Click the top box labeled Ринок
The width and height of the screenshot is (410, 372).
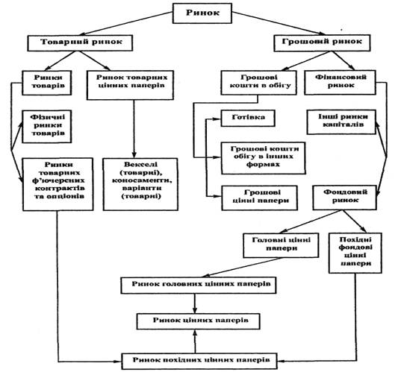pyautogui.click(x=202, y=13)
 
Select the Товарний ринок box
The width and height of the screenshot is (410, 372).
pyautogui.click(x=80, y=42)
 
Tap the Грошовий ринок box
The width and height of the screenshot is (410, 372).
pyautogui.click(x=322, y=42)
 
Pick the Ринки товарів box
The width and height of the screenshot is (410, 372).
pyautogui.click(x=47, y=83)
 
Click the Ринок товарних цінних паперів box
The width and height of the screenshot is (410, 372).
pyautogui.click(x=130, y=85)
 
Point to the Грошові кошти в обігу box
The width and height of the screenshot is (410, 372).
pyautogui.click(x=259, y=83)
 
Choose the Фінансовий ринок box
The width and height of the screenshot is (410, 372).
pyautogui.click(x=341, y=82)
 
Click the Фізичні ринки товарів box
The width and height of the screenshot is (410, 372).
pyautogui.click(x=47, y=127)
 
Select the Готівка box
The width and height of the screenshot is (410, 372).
pyautogui.click(x=248, y=119)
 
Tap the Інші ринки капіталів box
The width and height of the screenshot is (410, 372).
pyautogui.click(x=341, y=122)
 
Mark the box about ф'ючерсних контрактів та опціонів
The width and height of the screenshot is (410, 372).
pyautogui.click(x=58, y=184)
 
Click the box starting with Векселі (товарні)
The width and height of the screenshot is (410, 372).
pyautogui.click(x=140, y=184)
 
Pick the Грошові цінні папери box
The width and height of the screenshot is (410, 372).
pyautogui.click(x=260, y=198)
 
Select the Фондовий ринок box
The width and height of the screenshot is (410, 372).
pyautogui.click(x=344, y=198)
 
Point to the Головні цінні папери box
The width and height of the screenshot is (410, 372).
pyautogui.click(x=281, y=245)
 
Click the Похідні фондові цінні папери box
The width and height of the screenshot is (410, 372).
pyautogui.click(x=355, y=253)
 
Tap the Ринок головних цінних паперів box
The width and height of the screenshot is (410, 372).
pyautogui.click(x=199, y=285)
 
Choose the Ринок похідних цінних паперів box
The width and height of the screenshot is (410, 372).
pyautogui.click(x=199, y=362)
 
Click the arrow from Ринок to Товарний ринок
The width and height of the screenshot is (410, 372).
pyautogui.click(x=125, y=23)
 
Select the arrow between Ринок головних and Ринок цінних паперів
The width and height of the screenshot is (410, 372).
pyautogui.click(x=194, y=303)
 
